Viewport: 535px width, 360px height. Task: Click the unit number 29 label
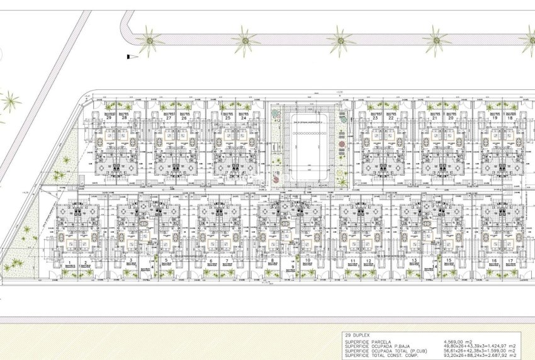(x=110, y=118)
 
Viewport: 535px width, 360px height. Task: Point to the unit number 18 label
(x=510, y=118)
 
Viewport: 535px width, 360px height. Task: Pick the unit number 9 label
(x=293, y=267)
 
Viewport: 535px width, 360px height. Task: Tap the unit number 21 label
(x=435, y=118)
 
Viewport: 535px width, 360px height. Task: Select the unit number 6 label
(x=211, y=260)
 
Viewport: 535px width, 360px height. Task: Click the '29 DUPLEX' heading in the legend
(x=357, y=335)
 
